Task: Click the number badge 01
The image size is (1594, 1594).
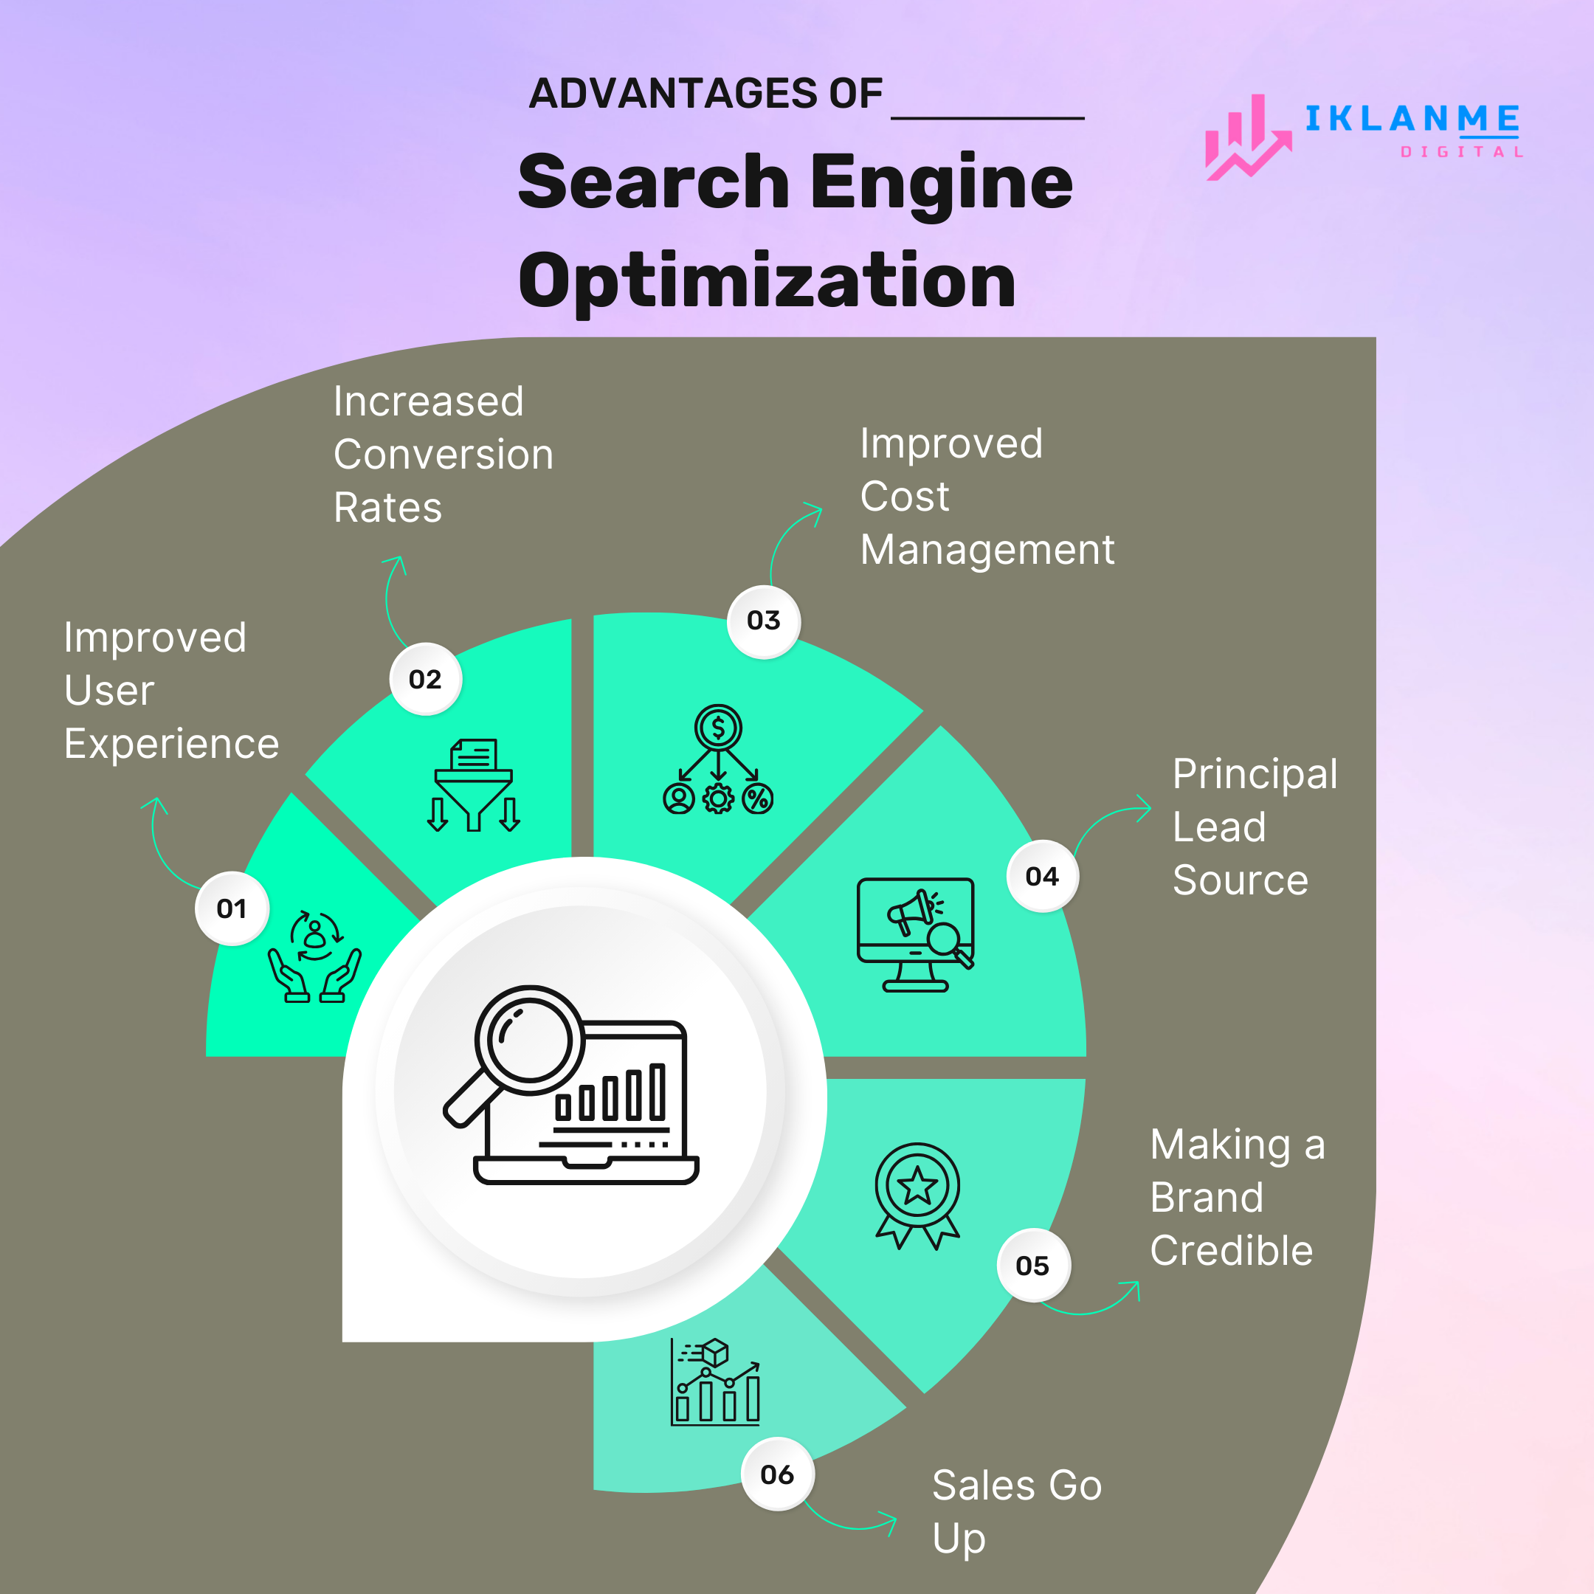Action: pyautogui.click(x=232, y=908)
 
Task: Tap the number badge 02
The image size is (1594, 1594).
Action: pyautogui.click(x=425, y=679)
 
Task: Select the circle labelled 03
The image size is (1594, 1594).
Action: pyautogui.click(x=763, y=621)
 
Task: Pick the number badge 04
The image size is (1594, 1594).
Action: pyautogui.click(x=1042, y=876)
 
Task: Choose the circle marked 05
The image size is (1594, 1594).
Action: pyautogui.click(x=1032, y=1266)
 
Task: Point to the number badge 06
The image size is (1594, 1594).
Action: pyautogui.click(x=776, y=1474)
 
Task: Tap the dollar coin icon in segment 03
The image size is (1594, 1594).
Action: pyautogui.click(x=718, y=728)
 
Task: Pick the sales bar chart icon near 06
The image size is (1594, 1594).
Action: pyautogui.click(x=715, y=1383)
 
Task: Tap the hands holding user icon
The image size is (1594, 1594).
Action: pyautogui.click(x=314, y=957)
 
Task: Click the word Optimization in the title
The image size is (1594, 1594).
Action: pyautogui.click(x=767, y=280)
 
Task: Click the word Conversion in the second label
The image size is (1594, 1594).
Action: pyautogui.click(x=443, y=455)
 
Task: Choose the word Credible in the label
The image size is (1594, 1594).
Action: pyautogui.click(x=1231, y=1251)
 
